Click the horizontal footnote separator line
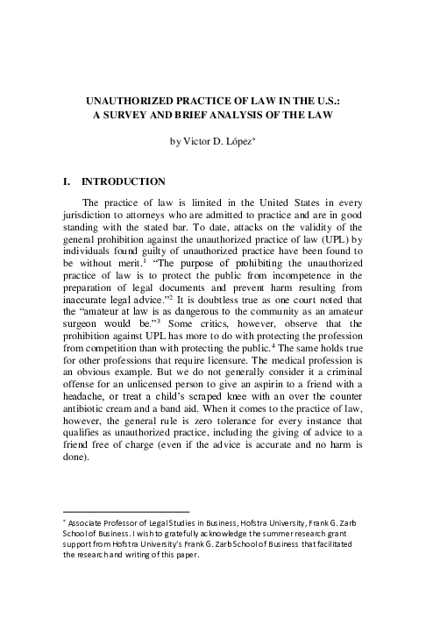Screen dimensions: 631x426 127,511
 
